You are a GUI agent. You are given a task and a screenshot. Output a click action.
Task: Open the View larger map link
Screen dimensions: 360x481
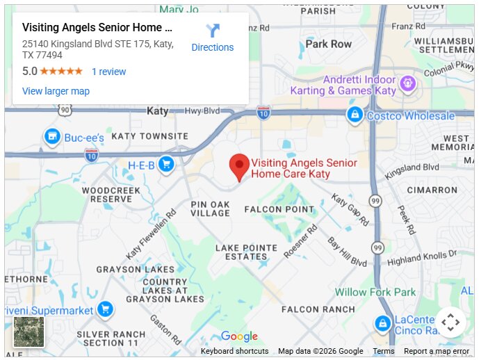tap(56, 91)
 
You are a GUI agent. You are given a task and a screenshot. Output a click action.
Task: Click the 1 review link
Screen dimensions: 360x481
tap(109, 72)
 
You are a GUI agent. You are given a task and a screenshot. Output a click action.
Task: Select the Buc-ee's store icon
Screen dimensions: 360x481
tap(51, 137)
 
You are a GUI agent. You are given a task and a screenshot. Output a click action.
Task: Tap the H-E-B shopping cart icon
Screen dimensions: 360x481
tap(165, 164)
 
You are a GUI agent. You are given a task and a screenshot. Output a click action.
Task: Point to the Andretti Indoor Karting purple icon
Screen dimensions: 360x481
tap(407, 85)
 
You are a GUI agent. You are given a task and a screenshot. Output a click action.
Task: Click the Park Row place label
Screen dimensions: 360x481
tap(329, 44)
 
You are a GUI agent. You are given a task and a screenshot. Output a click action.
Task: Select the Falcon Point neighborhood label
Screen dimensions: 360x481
tap(279, 209)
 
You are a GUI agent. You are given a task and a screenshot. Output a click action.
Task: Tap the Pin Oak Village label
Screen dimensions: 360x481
tap(210, 208)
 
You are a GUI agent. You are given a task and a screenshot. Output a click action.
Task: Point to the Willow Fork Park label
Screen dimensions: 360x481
tap(375, 293)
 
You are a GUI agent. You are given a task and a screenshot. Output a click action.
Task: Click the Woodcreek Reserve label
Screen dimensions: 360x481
tap(106, 194)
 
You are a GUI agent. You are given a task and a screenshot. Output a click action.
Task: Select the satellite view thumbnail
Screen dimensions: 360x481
tap(29, 332)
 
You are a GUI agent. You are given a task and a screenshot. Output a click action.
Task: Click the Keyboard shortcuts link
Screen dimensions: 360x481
tap(234, 351)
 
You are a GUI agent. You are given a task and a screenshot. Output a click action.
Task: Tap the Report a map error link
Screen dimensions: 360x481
tap(437, 351)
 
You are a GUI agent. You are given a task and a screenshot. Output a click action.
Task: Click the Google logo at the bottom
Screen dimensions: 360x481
tap(239, 337)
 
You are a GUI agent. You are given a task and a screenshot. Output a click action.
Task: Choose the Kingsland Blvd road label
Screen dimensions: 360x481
tap(412, 167)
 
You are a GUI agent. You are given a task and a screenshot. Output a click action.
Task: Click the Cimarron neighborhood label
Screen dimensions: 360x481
tap(432, 190)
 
